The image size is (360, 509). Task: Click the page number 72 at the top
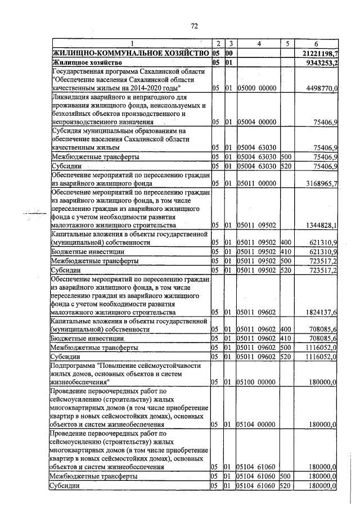tap(195, 26)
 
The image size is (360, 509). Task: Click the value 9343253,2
tap(320, 62)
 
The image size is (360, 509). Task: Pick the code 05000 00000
tap(256, 88)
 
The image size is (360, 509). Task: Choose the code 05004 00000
tap(256, 121)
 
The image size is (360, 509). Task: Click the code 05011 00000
tap(256, 183)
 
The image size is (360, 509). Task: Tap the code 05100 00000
tap(256, 382)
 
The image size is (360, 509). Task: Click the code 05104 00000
tap(256, 424)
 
